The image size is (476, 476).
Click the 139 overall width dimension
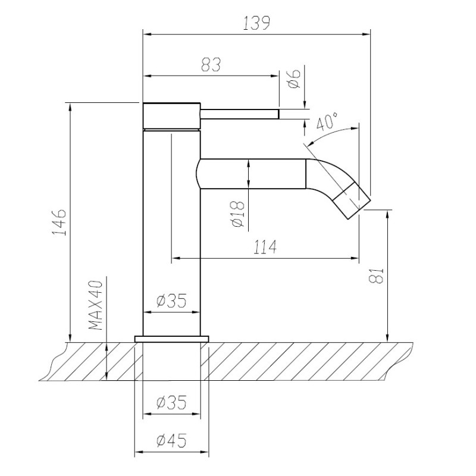point(256,23)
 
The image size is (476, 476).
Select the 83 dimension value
point(211,65)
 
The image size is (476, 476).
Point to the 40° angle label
point(327,121)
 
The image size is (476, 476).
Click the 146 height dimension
point(59,222)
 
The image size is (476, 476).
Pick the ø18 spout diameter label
point(237,214)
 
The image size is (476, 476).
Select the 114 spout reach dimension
point(265,247)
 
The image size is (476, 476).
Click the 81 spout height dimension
point(377,275)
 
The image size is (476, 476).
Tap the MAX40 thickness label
point(96,305)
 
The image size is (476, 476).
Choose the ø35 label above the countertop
point(171,301)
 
